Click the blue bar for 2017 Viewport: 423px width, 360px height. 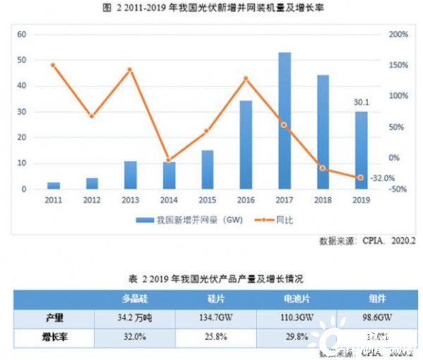pos(284,120)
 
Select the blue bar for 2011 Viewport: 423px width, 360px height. pos(54,185)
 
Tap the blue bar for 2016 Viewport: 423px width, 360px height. pos(246,145)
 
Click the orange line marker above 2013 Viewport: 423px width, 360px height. pos(130,70)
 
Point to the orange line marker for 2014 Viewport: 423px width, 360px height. pos(168,160)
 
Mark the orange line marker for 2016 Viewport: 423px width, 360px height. pos(245,78)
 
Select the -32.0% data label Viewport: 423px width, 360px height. pos(381,178)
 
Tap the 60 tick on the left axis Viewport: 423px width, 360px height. pos(21,34)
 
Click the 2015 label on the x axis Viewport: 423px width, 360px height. pos(207,200)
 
